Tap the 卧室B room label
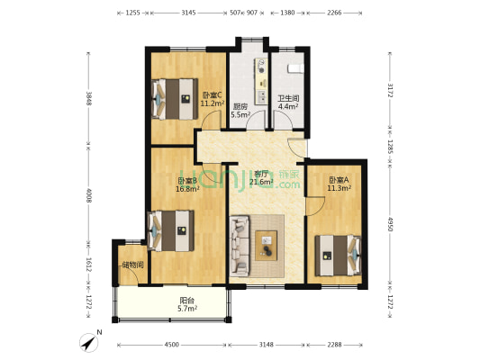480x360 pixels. point(186,181)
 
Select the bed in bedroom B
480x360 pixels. point(171,232)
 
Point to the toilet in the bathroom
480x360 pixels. point(294,67)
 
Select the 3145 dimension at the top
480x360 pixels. point(189,13)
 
